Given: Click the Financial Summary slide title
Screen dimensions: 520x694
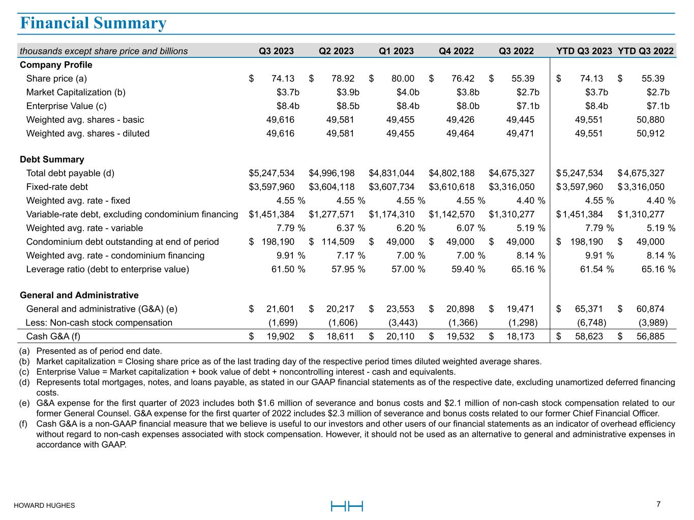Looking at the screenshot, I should coord(93,23).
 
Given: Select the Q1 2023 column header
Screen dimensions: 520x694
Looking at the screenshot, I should coord(396,51).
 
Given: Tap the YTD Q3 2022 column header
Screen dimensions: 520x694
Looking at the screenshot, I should coord(645,51).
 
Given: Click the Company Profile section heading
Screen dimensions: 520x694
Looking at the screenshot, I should coord(56,65).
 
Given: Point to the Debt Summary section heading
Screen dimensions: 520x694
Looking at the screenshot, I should coord(52,159).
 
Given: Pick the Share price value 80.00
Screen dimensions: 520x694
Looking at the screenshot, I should coord(402,79).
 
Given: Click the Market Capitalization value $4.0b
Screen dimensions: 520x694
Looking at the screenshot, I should coord(408,92).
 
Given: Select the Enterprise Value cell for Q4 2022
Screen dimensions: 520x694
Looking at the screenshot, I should coord(468,106).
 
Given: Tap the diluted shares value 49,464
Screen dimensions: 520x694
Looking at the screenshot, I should coord(460,134).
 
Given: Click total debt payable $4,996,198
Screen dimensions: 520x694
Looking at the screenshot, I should coord(331,173).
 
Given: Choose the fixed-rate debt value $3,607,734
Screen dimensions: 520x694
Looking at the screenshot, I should coord(391,187).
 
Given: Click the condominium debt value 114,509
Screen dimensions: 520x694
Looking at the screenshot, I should coord(338,242).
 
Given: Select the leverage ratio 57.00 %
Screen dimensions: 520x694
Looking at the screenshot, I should coord(408,269).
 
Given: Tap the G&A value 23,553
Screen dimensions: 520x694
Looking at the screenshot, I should coord(400,309).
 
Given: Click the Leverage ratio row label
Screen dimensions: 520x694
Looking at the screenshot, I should coord(107,269).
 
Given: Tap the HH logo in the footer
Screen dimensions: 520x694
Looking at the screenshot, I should coord(347,506).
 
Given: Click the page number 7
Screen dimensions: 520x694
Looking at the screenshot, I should coord(658,504).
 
